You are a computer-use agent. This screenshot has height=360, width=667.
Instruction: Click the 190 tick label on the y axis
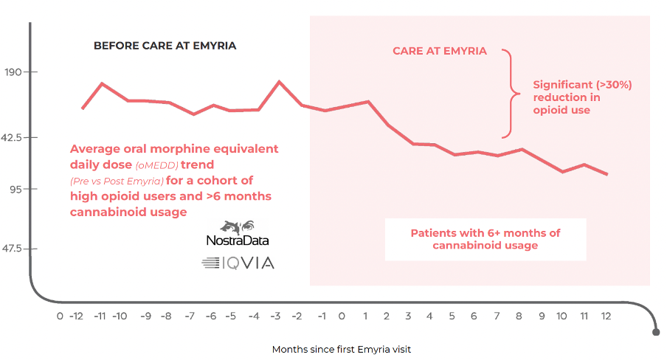13,72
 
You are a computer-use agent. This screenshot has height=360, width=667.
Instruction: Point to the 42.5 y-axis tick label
11,137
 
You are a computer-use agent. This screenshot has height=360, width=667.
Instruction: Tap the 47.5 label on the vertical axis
12,249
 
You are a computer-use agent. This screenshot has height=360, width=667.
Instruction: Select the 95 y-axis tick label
15,189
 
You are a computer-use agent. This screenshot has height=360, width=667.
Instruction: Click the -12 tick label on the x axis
76,316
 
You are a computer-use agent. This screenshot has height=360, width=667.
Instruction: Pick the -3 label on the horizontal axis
276,316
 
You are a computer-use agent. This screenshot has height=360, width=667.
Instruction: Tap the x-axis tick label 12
606,316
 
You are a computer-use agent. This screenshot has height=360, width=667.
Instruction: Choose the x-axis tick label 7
497,316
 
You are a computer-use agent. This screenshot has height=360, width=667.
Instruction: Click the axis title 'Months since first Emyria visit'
342,350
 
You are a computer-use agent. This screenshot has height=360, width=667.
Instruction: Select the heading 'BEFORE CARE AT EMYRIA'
165,46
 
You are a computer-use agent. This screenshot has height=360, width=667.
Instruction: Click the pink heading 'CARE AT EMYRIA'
440,51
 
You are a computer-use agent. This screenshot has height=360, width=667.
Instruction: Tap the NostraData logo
238,233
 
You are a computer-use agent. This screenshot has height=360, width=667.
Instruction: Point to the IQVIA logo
238,263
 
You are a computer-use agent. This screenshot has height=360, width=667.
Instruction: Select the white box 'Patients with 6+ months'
485,239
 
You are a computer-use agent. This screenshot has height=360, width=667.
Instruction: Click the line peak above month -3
279,81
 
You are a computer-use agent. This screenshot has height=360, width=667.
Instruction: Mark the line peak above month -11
102,83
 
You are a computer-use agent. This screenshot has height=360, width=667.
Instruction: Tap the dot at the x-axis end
657,332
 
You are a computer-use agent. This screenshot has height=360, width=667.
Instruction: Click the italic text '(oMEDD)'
156,165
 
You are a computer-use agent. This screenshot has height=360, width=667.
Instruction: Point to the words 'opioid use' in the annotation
561,110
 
